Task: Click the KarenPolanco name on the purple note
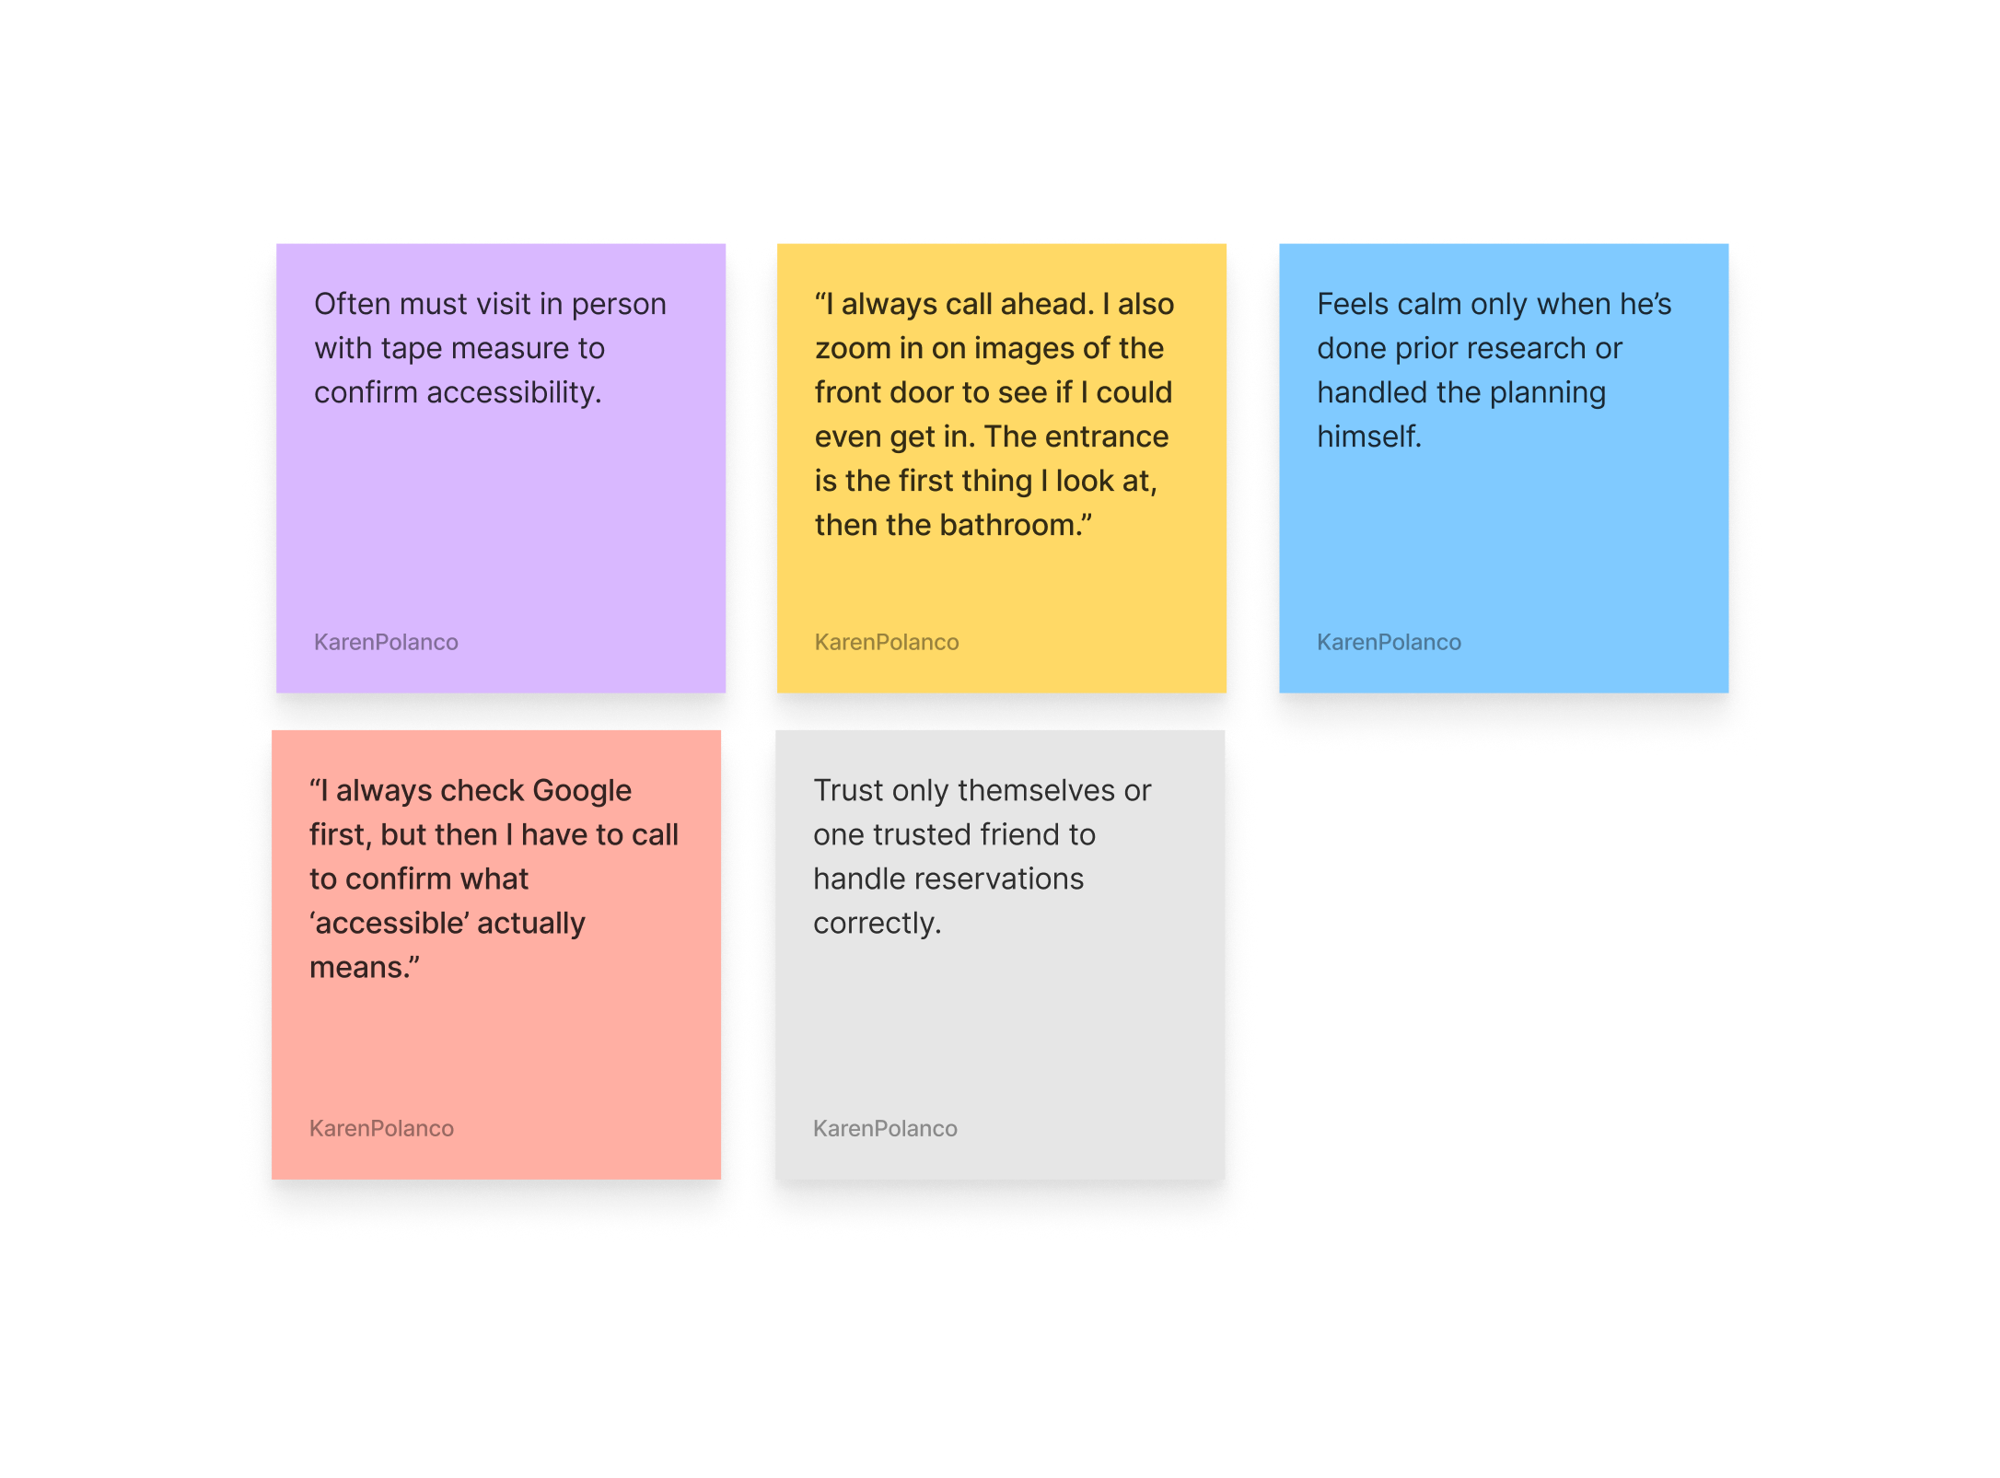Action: [x=386, y=642]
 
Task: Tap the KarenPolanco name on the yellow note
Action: [x=887, y=642]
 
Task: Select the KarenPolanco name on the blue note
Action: [x=1389, y=642]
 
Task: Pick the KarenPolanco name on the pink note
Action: [x=381, y=1128]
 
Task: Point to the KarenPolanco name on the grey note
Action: [x=885, y=1128]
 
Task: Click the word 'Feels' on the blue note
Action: [x=1353, y=304]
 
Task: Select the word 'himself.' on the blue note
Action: [x=1369, y=436]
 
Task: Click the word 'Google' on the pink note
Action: [x=582, y=790]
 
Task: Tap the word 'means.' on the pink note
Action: [x=363, y=967]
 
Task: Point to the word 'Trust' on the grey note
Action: [x=848, y=790]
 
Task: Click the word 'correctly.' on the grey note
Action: [x=877, y=923]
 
